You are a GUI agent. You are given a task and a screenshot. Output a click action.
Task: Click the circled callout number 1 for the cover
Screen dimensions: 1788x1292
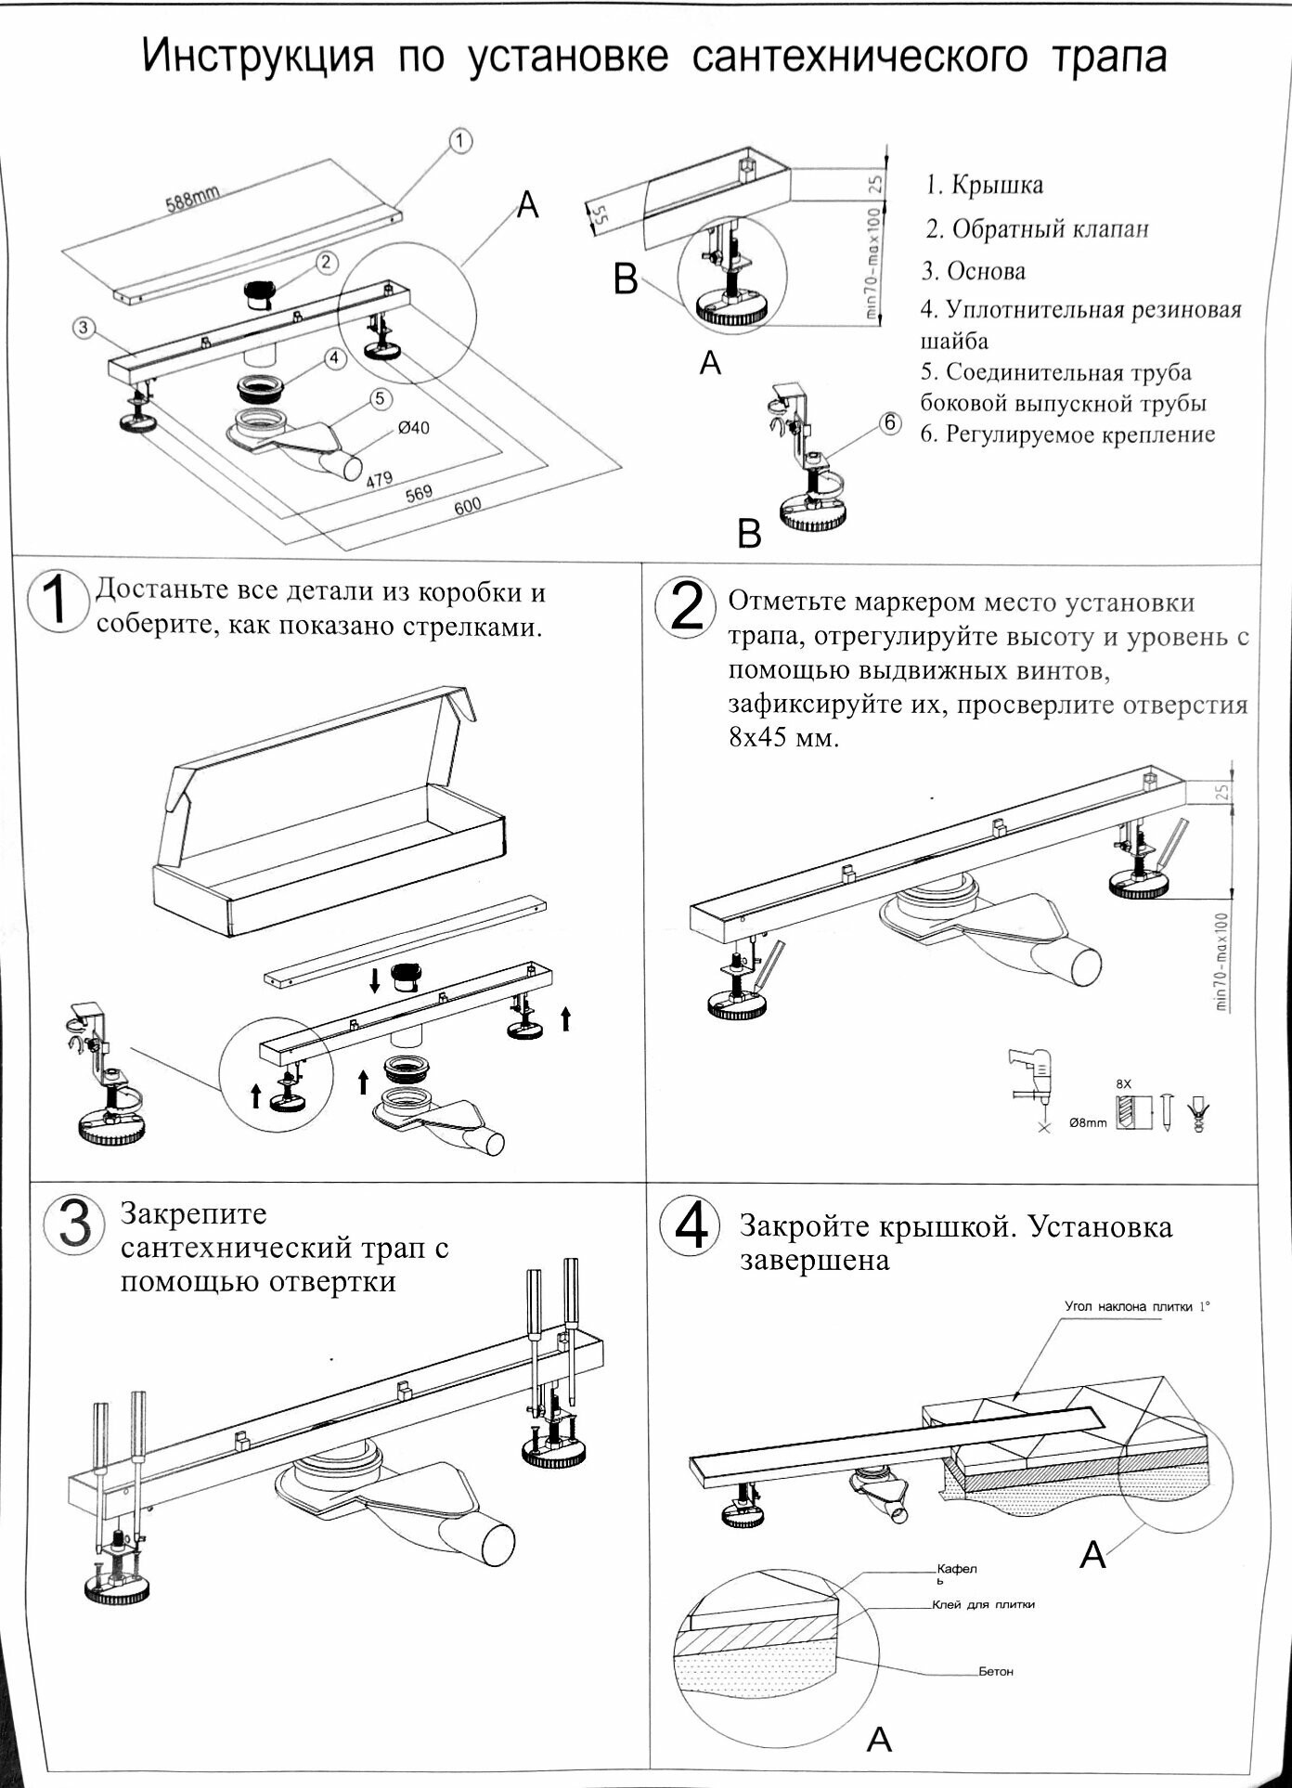coord(461,140)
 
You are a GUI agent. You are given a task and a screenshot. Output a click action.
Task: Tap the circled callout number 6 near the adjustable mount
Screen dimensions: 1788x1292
coord(889,423)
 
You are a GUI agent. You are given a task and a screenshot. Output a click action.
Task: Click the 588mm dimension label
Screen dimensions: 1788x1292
coord(192,198)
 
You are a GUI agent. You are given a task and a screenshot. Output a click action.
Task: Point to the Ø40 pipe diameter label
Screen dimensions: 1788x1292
coord(413,428)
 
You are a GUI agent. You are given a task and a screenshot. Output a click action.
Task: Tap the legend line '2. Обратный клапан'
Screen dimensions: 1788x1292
coord(1037,228)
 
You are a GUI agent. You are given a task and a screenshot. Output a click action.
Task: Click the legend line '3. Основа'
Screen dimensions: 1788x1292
coord(973,271)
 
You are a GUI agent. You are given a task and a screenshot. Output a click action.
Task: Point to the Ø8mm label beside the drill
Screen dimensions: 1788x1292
coord(1087,1122)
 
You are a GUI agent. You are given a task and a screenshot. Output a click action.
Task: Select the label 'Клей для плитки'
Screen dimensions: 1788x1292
coord(982,1604)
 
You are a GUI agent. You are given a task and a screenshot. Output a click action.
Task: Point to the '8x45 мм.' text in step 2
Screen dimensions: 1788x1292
coord(783,740)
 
